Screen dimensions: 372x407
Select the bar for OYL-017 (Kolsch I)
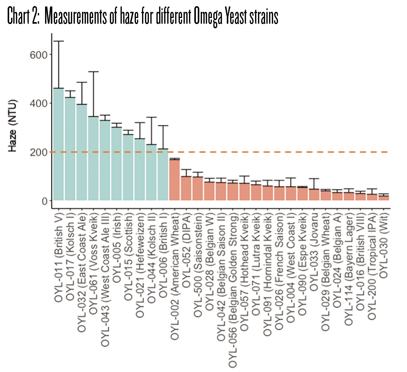pos(70,149)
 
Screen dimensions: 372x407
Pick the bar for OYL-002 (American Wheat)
pos(174,180)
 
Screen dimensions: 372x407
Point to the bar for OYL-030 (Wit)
pos(384,198)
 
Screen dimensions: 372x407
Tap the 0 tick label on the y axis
pos(44,201)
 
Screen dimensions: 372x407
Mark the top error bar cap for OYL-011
pos(58,41)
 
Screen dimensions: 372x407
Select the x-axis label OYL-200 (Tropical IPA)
pos(372,267)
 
